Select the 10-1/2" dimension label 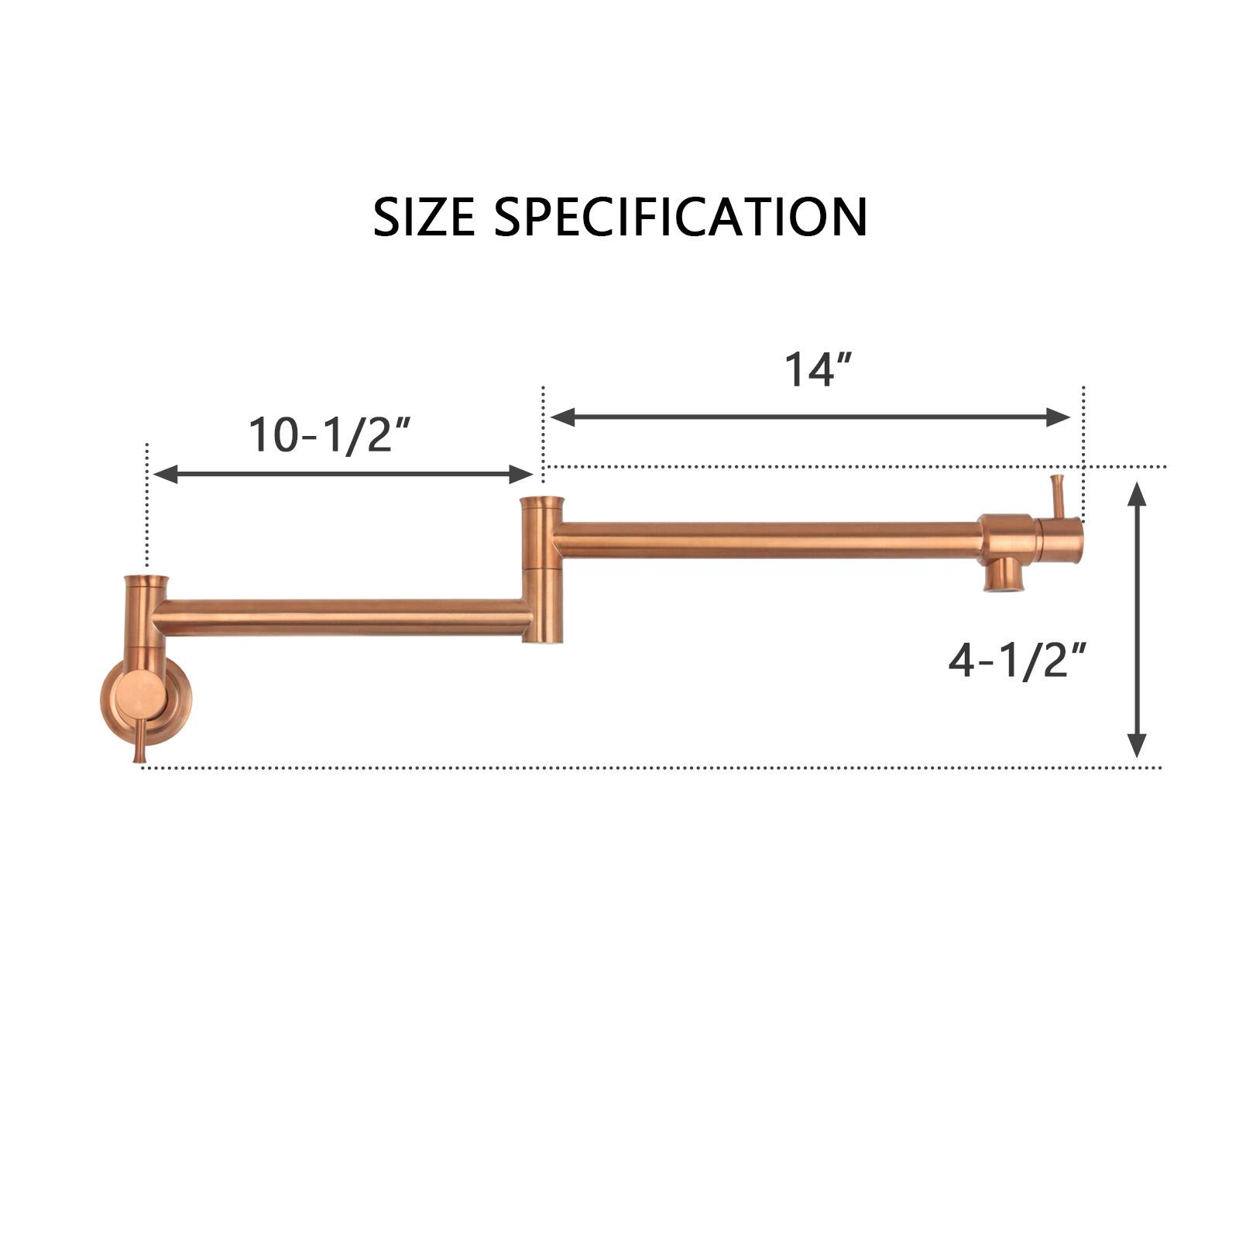pos(329,434)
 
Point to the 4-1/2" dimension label pos(1017,662)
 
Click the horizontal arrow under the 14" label pos(810,417)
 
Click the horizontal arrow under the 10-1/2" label pos(343,475)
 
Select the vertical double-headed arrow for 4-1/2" pos(1136,619)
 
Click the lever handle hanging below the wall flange pos(141,741)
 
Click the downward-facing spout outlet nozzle pos(1003,575)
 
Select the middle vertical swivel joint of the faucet pos(542,571)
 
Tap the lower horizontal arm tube pos(341,617)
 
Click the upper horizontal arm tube pos(767,540)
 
